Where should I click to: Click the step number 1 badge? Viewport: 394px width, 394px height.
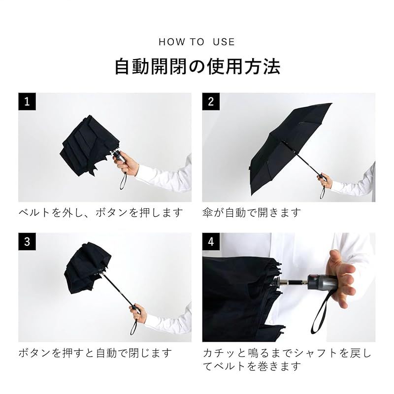click(x=27, y=101)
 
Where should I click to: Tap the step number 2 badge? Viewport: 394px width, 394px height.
click(x=211, y=101)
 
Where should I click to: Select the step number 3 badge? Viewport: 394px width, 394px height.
click(x=27, y=241)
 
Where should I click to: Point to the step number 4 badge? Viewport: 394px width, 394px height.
click(x=211, y=241)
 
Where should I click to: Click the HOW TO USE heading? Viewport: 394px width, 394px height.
click(x=197, y=42)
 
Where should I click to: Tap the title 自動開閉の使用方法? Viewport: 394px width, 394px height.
click(x=197, y=66)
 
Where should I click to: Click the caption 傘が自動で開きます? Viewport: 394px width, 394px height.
click(x=252, y=213)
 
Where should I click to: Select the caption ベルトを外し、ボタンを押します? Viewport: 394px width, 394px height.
click(x=100, y=213)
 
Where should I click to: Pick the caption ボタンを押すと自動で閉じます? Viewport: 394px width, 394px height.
click(x=95, y=353)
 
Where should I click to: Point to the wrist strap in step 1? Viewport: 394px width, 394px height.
click(x=123, y=180)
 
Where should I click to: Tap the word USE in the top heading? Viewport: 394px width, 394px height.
click(x=224, y=42)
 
